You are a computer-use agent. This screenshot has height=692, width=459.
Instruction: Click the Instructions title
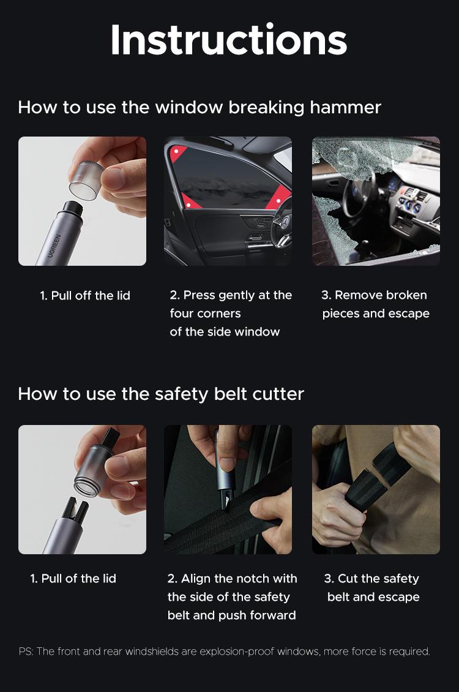click(229, 40)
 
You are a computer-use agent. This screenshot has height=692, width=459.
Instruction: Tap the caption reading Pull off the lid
click(85, 295)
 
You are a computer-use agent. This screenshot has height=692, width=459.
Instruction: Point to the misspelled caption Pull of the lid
click(73, 578)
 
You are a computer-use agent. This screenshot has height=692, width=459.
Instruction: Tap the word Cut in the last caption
click(348, 578)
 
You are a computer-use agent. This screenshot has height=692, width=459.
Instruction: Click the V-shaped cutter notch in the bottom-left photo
click(75, 510)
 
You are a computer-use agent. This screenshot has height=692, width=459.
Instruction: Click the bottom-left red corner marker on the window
click(188, 203)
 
